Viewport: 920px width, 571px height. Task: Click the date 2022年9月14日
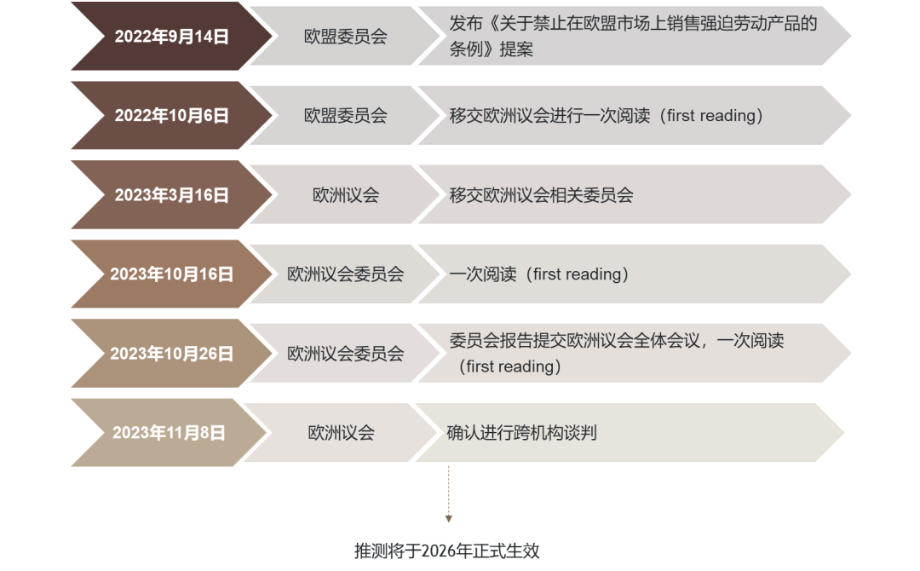pyautogui.click(x=171, y=37)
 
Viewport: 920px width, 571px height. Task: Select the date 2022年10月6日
pyautogui.click(x=171, y=116)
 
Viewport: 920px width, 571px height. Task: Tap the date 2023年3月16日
pyautogui.click(x=171, y=195)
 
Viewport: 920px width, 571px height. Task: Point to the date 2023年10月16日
pyautogui.click(x=171, y=274)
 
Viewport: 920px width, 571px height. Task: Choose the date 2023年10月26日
pyautogui.click(x=171, y=354)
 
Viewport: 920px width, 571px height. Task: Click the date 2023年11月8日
pyautogui.click(x=169, y=433)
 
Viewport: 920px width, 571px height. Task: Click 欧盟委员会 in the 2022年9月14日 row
pyautogui.click(x=345, y=37)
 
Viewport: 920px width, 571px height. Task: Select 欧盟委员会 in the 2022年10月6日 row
pyautogui.click(x=345, y=116)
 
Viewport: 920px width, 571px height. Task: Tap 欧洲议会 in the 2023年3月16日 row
pyautogui.click(x=345, y=195)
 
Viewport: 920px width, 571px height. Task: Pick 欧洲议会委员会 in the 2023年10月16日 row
pyautogui.click(x=345, y=274)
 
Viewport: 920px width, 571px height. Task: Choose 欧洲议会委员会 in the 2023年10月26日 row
pyautogui.click(x=345, y=354)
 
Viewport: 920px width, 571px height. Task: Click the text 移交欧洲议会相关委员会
pyautogui.click(x=541, y=195)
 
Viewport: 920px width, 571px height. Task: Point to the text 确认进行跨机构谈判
pyautogui.click(x=521, y=433)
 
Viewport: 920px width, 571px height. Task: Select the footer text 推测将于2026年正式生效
pyautogui.click(x=447, y=551)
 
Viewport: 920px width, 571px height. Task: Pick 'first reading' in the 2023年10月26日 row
pyautogui.click(x=509, y=366)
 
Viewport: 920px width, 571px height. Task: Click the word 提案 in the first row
pyautogui.click(x=515, y=49)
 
